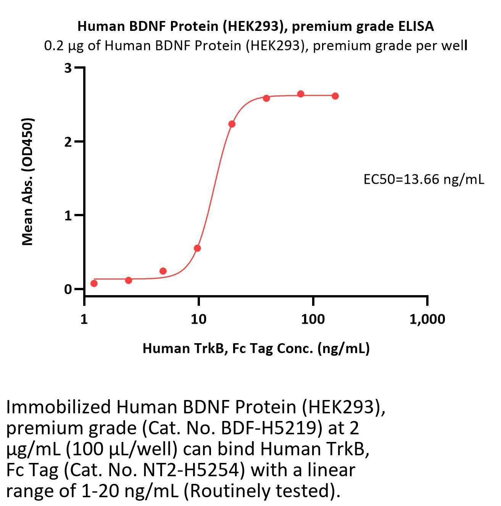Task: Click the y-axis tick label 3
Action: click(x=68, y=68)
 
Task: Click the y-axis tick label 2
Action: click(x=68, y=142)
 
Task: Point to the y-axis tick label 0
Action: click(x=68, y=289)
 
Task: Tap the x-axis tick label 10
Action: click(x=198, y=319)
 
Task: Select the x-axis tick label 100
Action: click(x=313, y=319)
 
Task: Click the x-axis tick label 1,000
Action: click(x=427, y=319)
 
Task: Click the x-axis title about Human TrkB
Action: click(x=256, y=348)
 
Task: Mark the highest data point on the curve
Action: click(x=301, y=94)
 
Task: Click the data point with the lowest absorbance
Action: click(x=94, y=283)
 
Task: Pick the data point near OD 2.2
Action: click(x=232, y=124)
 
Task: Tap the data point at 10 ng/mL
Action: click(x=197, y=248)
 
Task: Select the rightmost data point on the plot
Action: click(x=335, y=96)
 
